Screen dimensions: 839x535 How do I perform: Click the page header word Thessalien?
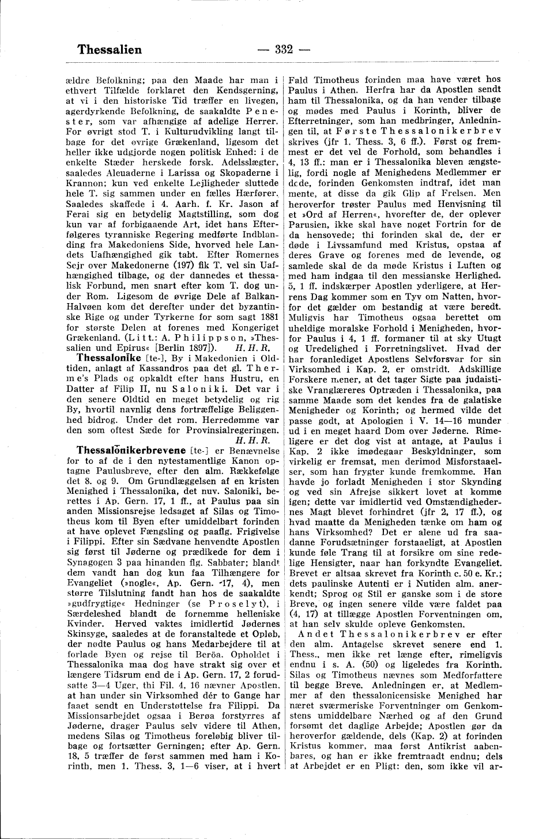click(109, 50)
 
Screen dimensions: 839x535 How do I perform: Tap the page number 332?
click(285, 50)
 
